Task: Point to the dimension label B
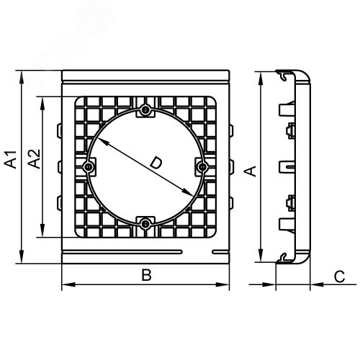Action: click(145, 275)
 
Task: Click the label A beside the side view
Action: click(249, 171)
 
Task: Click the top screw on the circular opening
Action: click(145, 110)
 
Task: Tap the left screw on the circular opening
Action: click(89, 167)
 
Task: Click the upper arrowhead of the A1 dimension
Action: click(24, 75)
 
